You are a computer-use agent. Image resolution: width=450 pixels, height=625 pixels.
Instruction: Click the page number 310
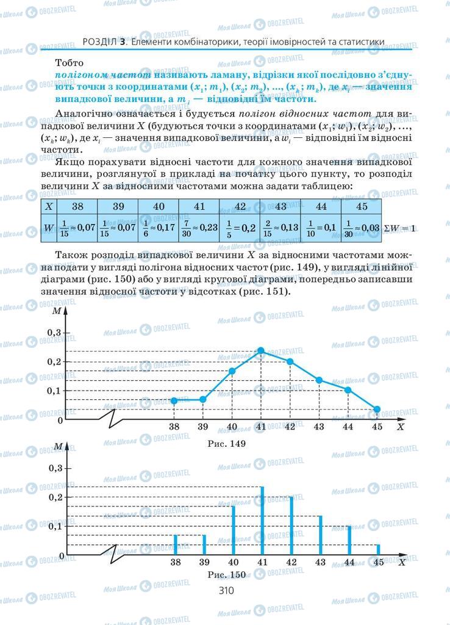pos(226,590)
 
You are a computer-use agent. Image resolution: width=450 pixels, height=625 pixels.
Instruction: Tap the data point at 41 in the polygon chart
pos(261,350)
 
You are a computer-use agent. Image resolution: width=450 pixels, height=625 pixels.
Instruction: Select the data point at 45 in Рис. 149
pos(377,410)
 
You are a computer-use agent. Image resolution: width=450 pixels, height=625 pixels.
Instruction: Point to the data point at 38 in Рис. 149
pos(174,400)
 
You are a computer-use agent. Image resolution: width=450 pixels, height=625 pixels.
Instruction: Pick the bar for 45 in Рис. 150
pos(377,549)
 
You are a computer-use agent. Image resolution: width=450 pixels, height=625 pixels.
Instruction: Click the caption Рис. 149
pos(226,444)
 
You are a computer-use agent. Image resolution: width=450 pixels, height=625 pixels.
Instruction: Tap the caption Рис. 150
pos(226,574)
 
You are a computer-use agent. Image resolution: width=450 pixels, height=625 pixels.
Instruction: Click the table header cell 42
pos(240,206)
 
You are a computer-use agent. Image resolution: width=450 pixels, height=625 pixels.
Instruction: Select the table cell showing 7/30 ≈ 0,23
pos(199,228)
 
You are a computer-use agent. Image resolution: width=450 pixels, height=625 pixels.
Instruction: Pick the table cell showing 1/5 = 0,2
pos(240,228)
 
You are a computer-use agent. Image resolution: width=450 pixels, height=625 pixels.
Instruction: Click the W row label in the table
pos(50,228)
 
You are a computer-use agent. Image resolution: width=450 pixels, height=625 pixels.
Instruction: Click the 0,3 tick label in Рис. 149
pos(55,333)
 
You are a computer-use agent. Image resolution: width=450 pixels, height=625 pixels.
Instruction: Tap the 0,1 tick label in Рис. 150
pos(55,526)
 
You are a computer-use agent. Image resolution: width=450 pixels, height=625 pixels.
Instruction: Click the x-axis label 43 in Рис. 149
pos(319,427)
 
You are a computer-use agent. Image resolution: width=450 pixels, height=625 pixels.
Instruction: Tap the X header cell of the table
pos(50,206)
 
